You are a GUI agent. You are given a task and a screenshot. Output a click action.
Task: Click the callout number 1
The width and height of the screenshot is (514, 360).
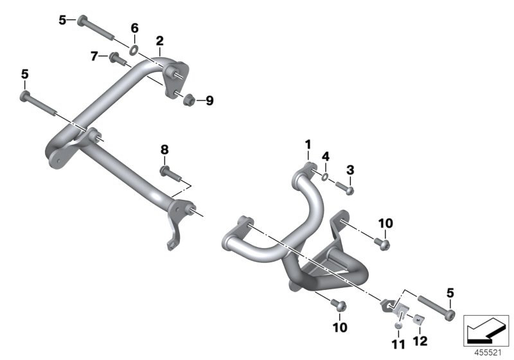click(x=307, y=143)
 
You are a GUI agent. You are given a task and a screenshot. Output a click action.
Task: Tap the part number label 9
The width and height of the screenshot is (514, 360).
click(x=209, y=100)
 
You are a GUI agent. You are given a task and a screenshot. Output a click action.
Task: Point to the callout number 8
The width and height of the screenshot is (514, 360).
click(x=164, y=149)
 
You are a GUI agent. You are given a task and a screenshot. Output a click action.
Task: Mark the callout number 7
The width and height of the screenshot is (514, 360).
click(x=94, y=57)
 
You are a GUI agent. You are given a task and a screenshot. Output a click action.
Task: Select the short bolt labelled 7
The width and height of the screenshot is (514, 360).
click(x=118, y=59)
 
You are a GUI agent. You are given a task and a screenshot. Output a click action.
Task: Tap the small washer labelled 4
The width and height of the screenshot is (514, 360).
click(x=325, y=175)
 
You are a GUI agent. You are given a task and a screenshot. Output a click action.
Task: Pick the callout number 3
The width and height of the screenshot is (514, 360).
click(x=350, y=169)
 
